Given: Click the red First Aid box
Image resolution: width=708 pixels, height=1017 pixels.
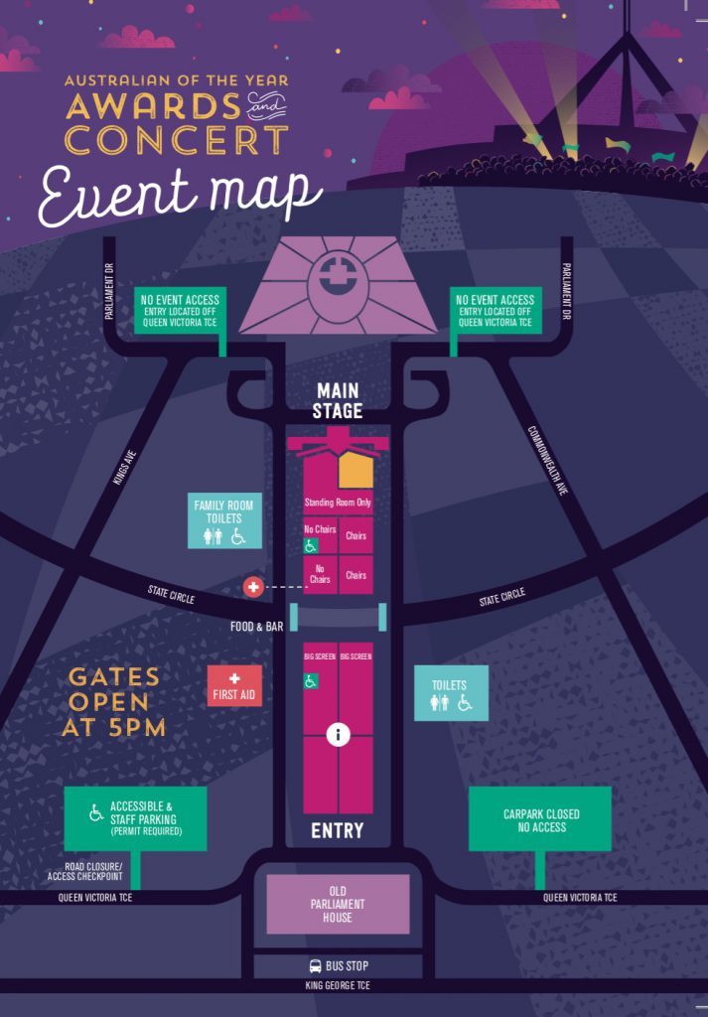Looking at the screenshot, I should [x=234, y=685].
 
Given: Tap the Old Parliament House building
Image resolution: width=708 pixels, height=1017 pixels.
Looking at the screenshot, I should [x=338, y=904].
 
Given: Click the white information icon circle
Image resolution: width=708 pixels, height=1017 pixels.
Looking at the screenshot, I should [x=339, y=735].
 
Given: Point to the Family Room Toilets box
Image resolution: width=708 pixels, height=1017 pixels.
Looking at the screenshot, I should [x=224, y=520].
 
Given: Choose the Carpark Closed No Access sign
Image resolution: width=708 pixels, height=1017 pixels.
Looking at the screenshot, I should [x=541, y=820].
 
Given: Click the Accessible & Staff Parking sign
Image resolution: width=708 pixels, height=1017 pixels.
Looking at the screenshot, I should [x=136, y=818].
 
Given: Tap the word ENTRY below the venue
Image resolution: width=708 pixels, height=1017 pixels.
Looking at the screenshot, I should [x=338, y=830].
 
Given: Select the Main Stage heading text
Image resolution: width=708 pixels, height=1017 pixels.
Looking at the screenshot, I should [x=338, y=401].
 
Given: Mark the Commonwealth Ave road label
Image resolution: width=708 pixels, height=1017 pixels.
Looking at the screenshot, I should [x=548, y=461].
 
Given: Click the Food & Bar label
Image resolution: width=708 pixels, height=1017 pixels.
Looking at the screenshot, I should [x=257, y=627].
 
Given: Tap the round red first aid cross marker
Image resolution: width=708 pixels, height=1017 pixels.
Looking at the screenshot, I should [x=253, y=587].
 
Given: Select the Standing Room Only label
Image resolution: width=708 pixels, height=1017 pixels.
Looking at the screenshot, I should [x=338, y=503].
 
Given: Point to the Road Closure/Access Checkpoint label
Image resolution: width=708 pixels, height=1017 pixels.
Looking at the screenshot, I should [x=86, y=872].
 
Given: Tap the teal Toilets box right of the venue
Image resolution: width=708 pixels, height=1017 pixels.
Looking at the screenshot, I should [x=451, y=692].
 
